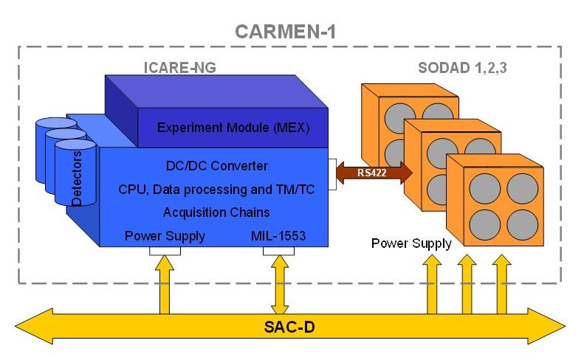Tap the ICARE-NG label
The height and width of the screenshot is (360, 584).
(x=179, y=69)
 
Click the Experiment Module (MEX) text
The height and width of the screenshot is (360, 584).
(x=233, y=128)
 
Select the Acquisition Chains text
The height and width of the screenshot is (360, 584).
(x=216, y=212)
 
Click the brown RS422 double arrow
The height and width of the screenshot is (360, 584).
(x=374, y=173)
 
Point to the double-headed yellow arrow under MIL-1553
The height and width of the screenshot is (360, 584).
(x=281, y=283)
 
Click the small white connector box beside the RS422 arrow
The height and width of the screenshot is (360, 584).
(x=333, y=173)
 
